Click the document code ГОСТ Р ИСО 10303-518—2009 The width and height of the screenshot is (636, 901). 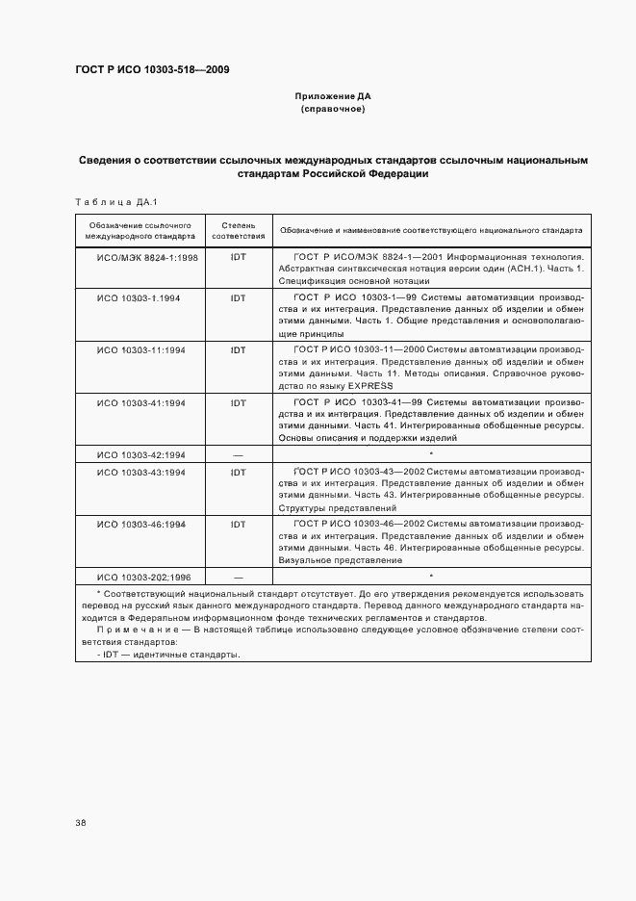tap(152, 69)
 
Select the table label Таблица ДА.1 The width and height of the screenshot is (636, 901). tap(115, 201)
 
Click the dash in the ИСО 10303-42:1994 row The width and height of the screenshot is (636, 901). tap(238, 454)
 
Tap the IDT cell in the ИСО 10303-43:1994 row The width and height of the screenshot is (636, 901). tap(238, 473)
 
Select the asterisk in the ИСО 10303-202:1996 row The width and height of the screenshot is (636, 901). tap(431, 576)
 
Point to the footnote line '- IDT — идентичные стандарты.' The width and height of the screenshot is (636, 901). tap(168, 654)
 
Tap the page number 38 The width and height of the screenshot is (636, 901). tap(81, 822)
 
